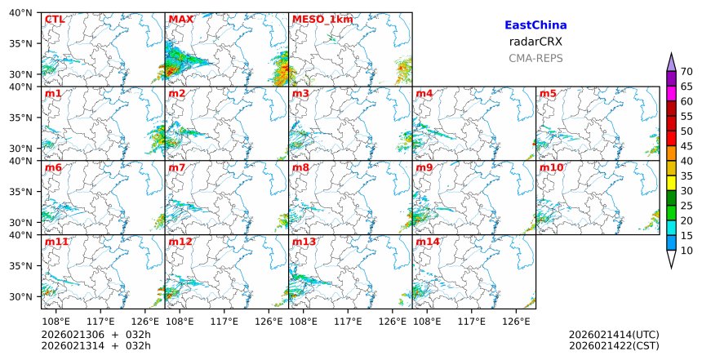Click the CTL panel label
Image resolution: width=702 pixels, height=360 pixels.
click(x=55, y=19)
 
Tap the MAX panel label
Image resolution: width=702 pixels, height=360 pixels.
click(x=180, y=19)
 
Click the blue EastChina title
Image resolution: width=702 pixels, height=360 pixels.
click(x=535, y=25)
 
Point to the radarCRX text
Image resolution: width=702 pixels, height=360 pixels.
click(x=535, y=42)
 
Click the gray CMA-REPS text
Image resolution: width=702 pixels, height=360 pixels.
click(x=535, y=58)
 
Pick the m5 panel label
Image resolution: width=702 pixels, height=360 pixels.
click(x=548, y=94)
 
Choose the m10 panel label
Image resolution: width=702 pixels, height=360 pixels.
click(x=551, y=167)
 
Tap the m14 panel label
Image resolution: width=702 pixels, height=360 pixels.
click(x=428, y=242)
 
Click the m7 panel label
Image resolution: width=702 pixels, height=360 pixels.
click(x=177, y=167)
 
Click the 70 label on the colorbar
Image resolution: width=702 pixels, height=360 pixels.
click(x=686, y=72)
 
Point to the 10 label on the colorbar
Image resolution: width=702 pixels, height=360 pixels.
click(x=686, y=251)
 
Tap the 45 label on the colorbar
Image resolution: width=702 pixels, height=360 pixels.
click(x=686, y=146)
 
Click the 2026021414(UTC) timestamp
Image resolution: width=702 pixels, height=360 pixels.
click(x=614, y=335)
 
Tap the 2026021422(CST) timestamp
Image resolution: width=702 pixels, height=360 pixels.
click(x=614, y=346)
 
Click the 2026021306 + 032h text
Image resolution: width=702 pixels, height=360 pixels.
click(x=96, y=335)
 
